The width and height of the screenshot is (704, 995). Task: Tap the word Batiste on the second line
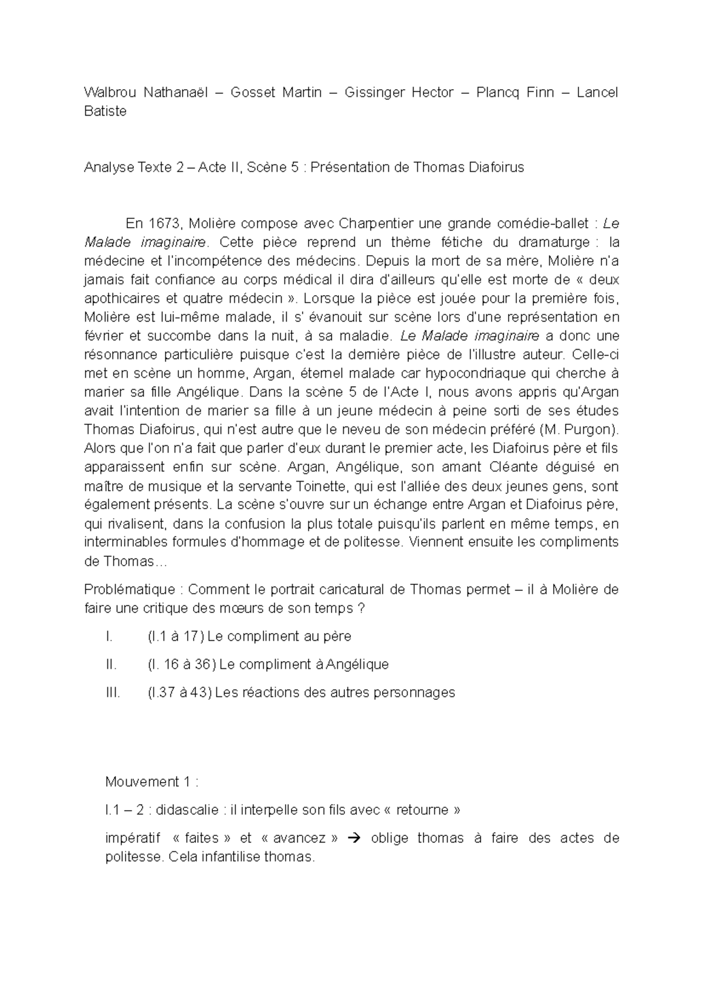tap(105, 111)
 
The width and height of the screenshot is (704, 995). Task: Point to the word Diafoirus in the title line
tap(496, 167)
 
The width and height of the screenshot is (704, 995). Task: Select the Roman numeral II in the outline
tap(111, 664)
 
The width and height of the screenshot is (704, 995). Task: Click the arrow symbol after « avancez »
tap(353, 838)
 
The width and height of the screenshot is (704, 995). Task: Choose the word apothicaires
tap(121, 298)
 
